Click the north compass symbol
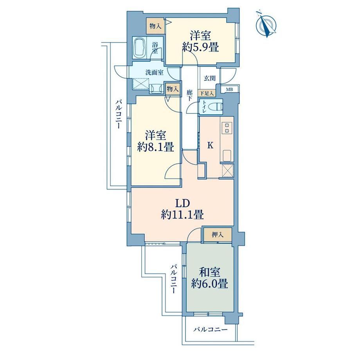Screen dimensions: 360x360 (x=267, y=24)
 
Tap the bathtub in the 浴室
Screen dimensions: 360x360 (x=140, y=49)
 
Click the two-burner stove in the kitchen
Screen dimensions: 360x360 (x=227, y=128)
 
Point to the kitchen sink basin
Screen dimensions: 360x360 (x=227, y=156)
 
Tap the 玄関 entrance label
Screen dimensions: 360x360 (x=210, y=78)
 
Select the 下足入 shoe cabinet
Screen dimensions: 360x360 (x=207, y=93)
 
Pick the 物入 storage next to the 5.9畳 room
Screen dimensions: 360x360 (x=155, y=26)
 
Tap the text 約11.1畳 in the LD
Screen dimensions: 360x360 (x=182, y=215)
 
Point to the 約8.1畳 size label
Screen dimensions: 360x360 (x=155, y=147)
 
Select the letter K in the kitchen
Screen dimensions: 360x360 (x=210, y=145)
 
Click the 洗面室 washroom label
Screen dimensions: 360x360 (x=155, y=73)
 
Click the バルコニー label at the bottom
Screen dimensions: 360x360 (x=211, y=330)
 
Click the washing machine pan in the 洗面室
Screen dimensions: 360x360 (x=140, y=83)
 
